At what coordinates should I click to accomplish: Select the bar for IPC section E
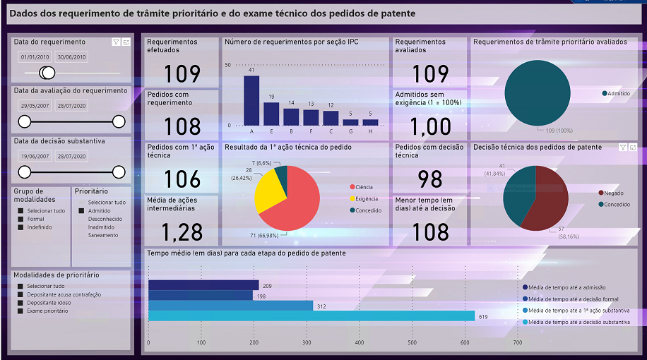click(x=271, y=114)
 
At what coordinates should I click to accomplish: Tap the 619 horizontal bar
click(x=311, y=316)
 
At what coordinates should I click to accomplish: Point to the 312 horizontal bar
click(x=230, y=306)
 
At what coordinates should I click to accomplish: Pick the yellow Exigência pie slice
click(x=264, y=191)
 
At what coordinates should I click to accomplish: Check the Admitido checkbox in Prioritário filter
click(x=83, y=210)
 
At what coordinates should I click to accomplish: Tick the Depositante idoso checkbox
click(x=20, y=302)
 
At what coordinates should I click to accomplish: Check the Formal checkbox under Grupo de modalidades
click(x=20, y=219)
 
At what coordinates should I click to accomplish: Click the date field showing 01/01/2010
click(x=34, y=57)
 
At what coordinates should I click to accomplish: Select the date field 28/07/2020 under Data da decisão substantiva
click(x=71, y=156)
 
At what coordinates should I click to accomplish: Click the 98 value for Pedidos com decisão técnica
click(x=429, y=179)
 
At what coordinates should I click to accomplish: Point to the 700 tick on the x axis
click(x=517, y=343)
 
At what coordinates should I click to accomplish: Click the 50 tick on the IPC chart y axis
click(x=227, y=65)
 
